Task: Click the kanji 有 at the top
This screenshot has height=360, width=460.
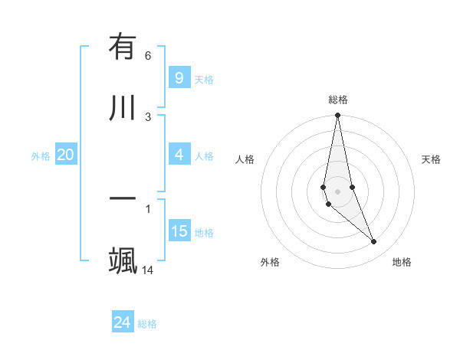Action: (123, 48)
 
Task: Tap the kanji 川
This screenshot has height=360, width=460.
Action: (123, 107)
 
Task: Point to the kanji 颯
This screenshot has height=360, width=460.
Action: (123, 260)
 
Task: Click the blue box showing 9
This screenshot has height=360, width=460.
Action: (179, 77)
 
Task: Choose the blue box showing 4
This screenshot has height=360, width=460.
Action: (179, 155)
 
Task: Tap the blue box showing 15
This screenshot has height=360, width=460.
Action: (179, 231)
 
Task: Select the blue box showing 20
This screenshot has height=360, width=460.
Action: (65, 155)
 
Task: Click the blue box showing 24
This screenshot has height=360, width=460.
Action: (122, 322)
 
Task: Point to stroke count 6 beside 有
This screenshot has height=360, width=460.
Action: (148, 56)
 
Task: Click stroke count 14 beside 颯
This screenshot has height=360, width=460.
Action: (148, 270)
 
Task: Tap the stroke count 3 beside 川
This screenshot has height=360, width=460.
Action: (148, 116)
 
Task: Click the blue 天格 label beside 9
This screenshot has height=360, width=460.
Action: (204, 79)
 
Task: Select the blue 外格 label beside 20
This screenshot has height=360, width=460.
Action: (41, 156)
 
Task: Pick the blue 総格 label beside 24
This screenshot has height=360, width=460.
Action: (147, 324)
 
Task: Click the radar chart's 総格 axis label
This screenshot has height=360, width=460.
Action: (337, 100)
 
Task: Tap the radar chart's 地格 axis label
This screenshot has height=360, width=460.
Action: (402, 262)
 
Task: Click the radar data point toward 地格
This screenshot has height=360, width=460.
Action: (374, 242)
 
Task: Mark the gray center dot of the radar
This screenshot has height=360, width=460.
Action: (337, 191)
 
